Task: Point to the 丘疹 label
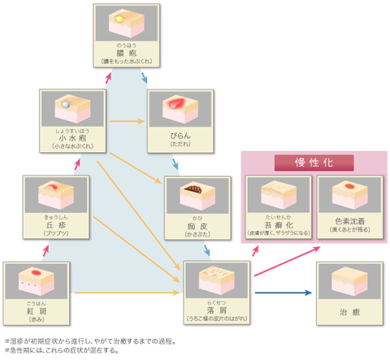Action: coord(54,225)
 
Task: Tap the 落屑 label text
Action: coord(215,310)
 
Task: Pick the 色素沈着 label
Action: coord(348,221)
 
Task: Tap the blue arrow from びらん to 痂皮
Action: coord(175,166)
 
